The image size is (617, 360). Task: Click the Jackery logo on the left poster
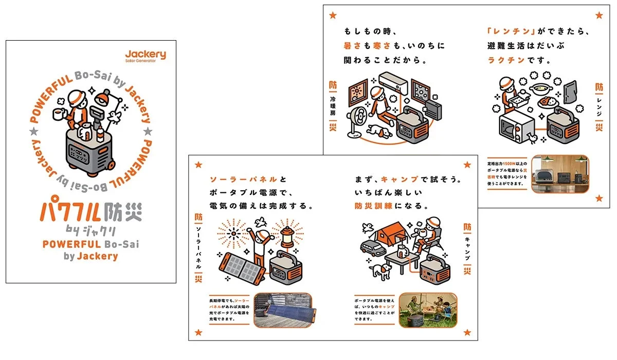146,55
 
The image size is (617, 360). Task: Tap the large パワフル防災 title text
91,212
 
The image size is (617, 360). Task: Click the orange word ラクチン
506,60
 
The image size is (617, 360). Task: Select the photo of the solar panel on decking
283,311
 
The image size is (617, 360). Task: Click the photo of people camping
428,311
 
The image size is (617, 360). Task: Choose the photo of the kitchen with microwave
559,174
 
